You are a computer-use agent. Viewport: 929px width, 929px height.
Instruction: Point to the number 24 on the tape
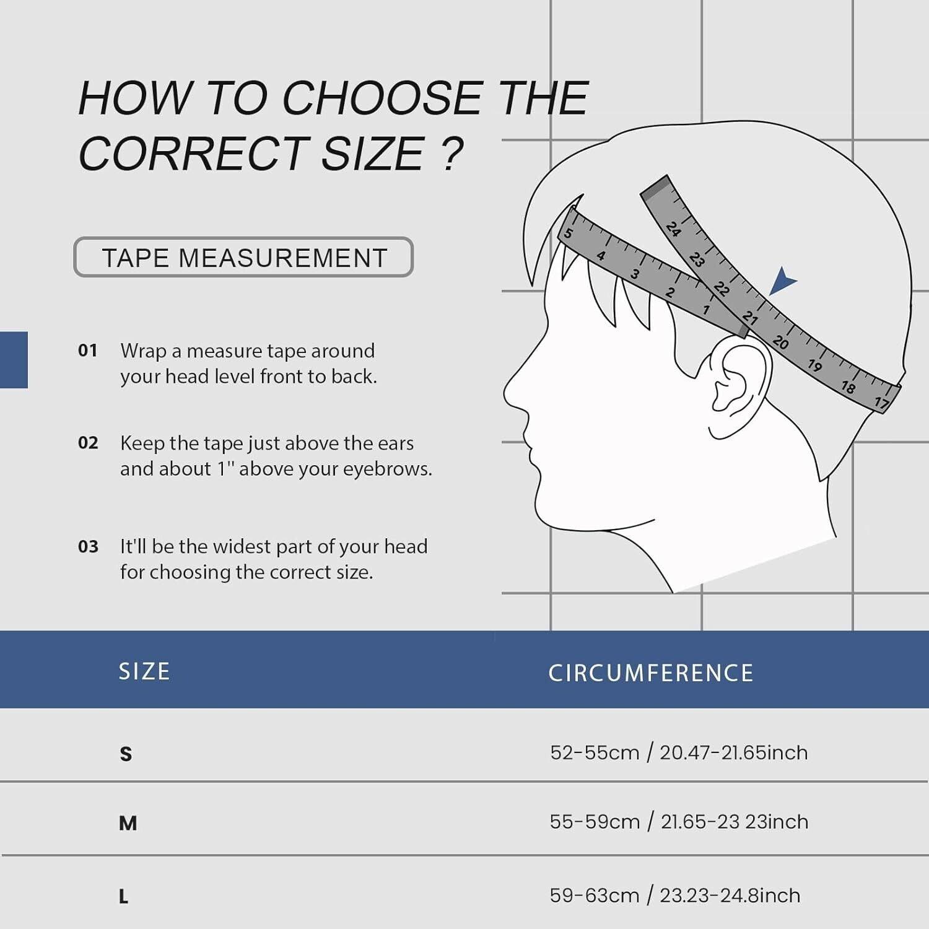[674, 229]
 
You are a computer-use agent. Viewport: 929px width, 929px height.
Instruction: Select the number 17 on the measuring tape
[881, 403]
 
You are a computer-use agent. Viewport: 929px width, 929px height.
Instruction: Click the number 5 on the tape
[567, 234]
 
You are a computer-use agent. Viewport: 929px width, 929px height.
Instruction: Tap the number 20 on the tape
[780, 342]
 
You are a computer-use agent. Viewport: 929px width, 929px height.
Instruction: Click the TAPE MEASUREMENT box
[243, 257]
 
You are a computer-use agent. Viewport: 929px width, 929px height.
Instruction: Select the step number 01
[88, 351]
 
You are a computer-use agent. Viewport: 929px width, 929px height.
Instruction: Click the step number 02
[88, 443]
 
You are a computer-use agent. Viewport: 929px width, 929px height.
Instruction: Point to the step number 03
[88, 546]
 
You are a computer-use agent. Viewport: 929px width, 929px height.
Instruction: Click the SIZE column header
[144, 671]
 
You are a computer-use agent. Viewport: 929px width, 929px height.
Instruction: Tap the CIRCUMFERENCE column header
[651, 673]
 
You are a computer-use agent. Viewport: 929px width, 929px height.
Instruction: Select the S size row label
[126, 754]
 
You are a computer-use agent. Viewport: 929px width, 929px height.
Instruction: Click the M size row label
[128, 823]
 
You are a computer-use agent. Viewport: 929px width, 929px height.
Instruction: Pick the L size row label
[124, 896]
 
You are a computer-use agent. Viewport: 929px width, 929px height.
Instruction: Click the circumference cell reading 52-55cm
[679, 752]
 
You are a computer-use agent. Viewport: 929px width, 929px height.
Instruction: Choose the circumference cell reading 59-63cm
[675, 896]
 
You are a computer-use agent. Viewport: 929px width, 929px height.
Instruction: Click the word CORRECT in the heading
[192, 153]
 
